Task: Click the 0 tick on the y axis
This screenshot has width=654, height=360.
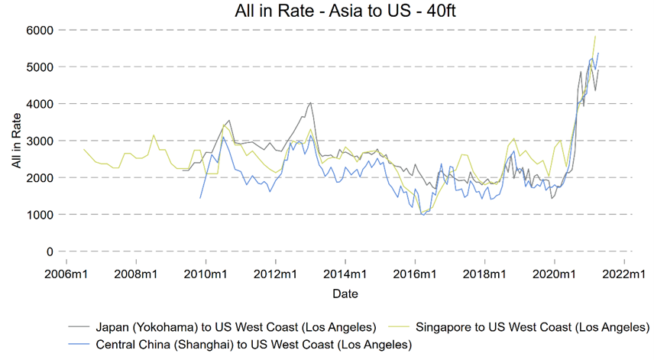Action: pos(50,251)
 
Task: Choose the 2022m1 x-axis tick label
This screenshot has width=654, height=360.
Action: pos(624,273)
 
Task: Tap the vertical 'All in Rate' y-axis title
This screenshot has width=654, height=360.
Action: pos(17,141)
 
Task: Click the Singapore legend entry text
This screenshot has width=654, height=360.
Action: pos(528,327)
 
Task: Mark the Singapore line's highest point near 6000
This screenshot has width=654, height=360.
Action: pos(595,37)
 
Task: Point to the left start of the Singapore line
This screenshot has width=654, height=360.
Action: pos(83,149)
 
